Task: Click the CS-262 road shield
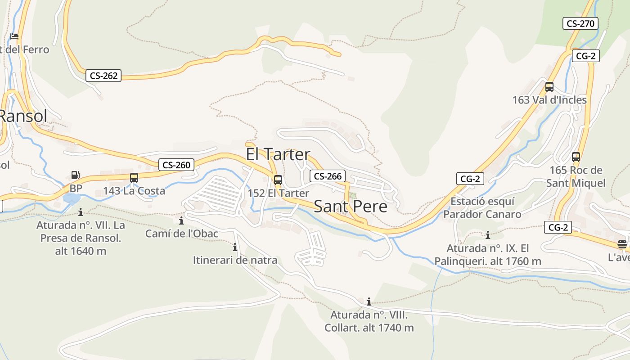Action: coord(103,76)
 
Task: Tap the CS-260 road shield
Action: coord(176,165)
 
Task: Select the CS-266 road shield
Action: coord(328,176)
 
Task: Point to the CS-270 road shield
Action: coord(580,23)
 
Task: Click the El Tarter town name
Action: coord(278,154)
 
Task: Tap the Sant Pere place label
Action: coord(350,206)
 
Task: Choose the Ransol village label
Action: coord(22,116)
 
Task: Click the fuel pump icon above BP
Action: coord(76,175)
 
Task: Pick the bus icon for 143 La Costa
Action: coord(134,178)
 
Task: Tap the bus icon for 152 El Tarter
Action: coord(278,180)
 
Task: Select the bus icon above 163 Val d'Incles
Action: coord(549,87)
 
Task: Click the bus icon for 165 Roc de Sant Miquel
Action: coord(576,157)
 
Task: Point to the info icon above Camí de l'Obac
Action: coord(181,220)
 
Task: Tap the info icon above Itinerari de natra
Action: coord(234,247)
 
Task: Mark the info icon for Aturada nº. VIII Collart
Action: coord(369,301)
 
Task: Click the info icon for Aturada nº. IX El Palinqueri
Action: coord(487,235)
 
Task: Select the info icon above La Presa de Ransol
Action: coord(81,212)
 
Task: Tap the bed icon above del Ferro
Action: coord(14,36)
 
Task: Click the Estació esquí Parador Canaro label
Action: coord(482,207)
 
